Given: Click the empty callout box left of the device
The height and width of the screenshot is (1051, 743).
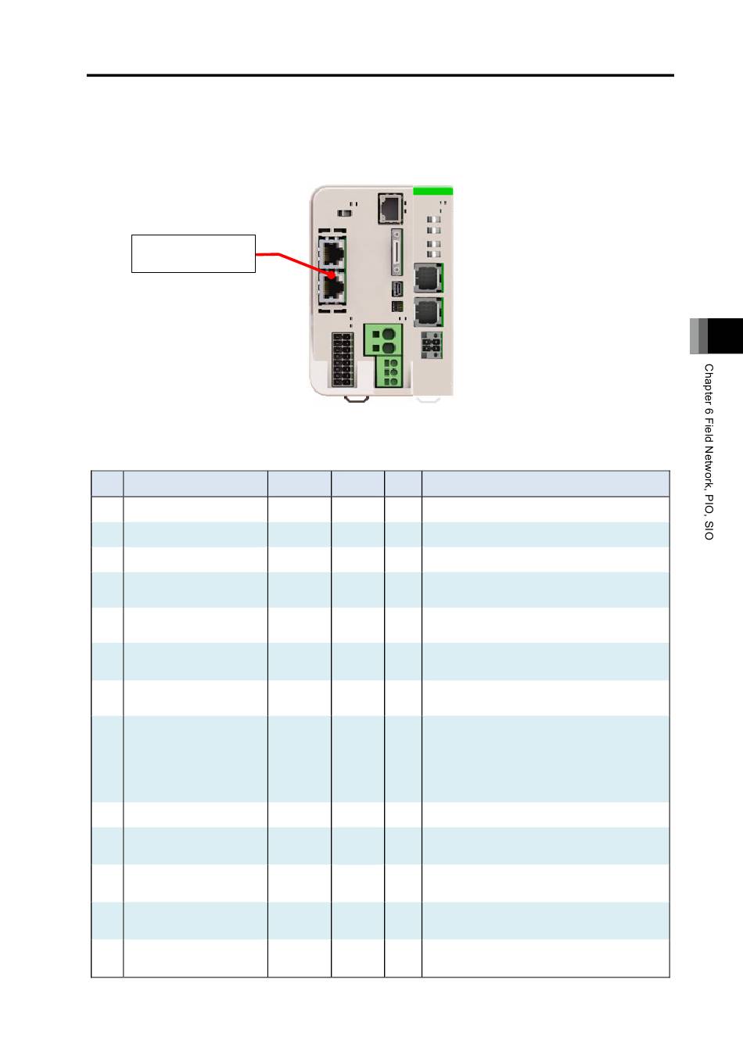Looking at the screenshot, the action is [x=193, y=254].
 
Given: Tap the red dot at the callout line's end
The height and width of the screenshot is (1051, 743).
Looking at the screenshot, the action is [x=332, y=275].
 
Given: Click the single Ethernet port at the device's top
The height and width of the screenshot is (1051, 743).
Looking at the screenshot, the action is [x=390, y=209].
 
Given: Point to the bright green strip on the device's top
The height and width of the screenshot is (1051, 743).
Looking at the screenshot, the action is [x=433, y=191].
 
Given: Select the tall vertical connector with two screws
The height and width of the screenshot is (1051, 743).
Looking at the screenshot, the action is [x=397, y=253].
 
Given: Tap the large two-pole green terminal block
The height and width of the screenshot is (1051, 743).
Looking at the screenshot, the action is [x=383, y=339].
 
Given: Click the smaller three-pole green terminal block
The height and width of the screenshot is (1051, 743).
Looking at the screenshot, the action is [x=389, y=371].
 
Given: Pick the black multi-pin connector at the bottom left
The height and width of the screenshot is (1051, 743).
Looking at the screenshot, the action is [x=343, y=360].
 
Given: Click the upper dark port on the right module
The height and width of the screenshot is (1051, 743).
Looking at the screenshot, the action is [x=429, y=278].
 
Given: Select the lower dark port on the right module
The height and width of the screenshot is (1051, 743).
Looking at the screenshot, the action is [x=429, y=312].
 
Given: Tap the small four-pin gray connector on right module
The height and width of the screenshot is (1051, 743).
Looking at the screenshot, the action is [x=432, y=345].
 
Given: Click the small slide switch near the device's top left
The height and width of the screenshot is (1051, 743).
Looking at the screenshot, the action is [x=344, y=213].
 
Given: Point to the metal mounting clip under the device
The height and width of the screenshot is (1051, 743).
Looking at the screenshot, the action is [x=356, y=400].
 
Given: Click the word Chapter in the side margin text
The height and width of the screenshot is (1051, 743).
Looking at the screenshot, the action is [x=709, y=385].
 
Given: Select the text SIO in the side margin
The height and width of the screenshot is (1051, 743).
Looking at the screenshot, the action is [x=709, y=531].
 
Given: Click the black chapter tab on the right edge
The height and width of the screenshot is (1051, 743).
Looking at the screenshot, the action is [x=725, y=336].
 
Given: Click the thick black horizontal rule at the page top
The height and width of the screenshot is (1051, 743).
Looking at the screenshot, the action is [x=380, y=75].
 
